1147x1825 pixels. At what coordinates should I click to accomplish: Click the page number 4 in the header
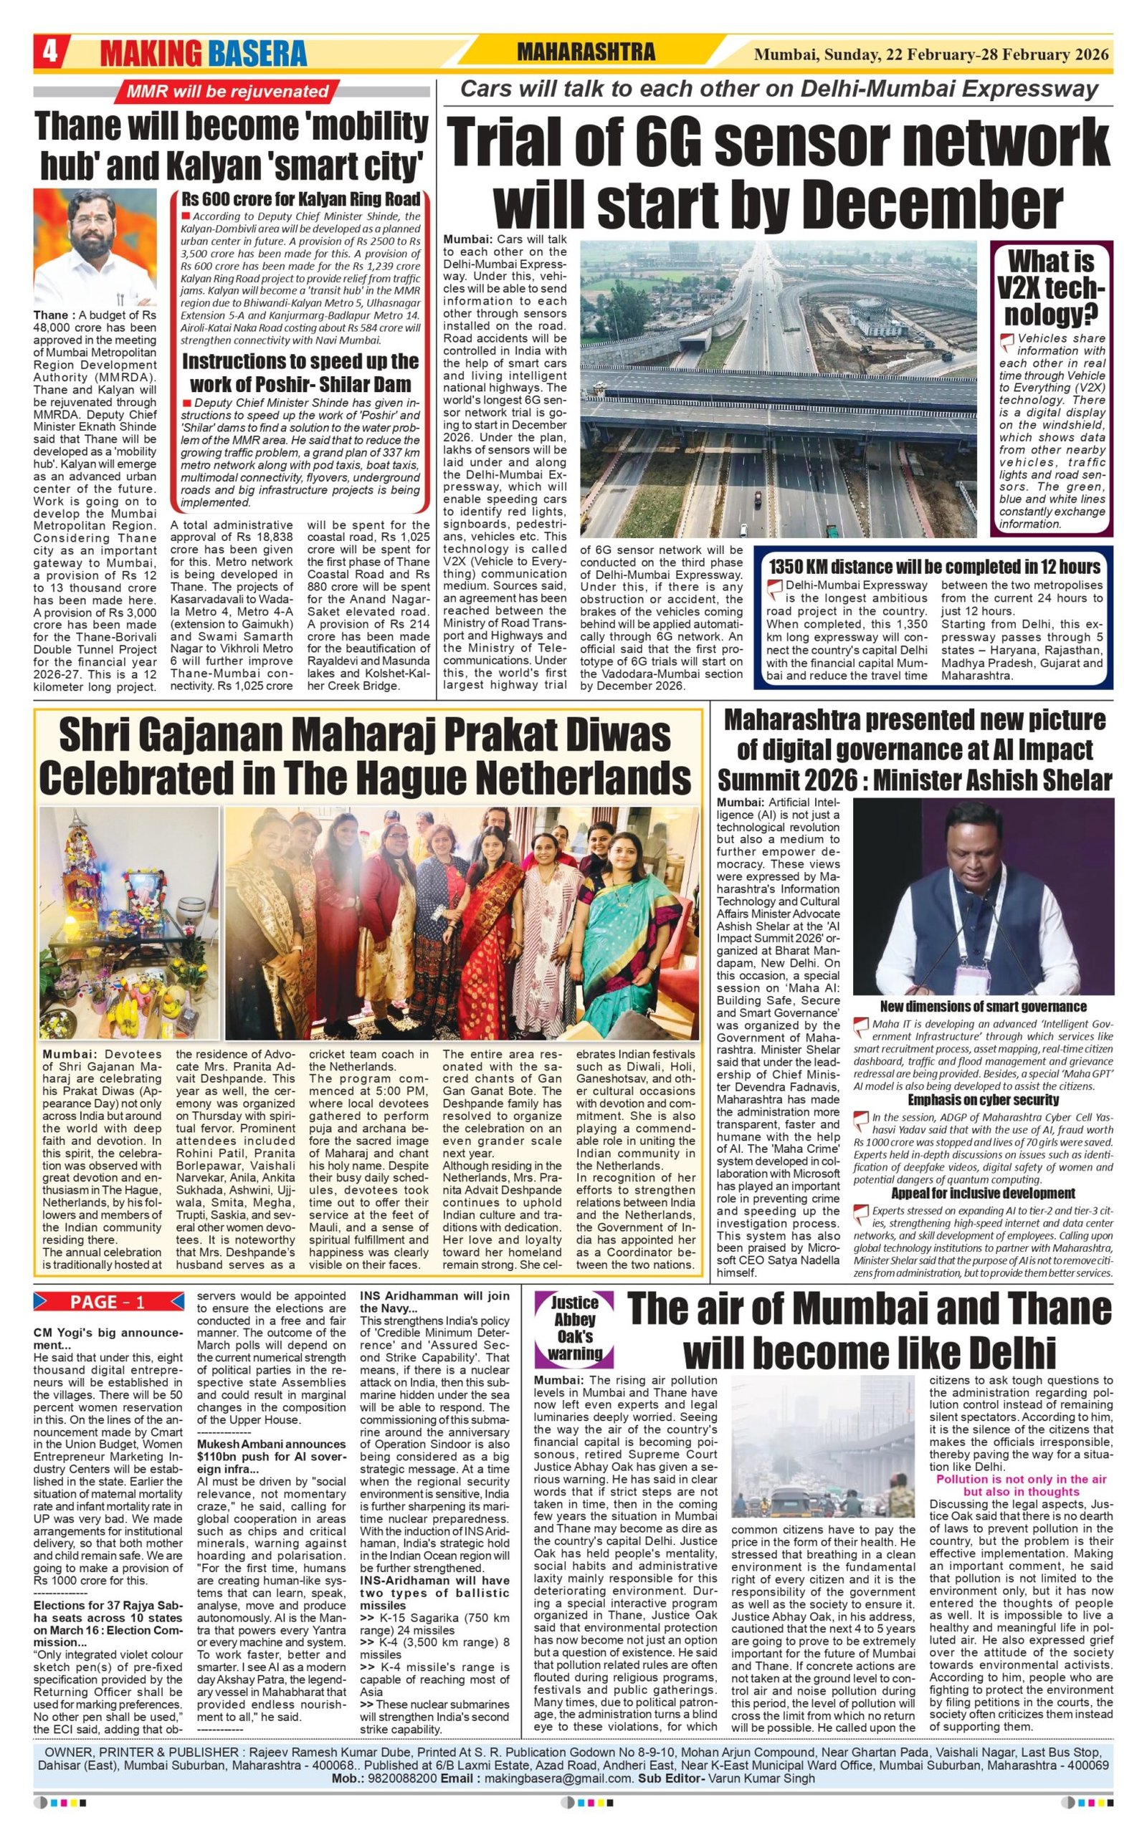[x=50, y=53]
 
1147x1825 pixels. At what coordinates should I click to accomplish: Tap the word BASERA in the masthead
[x=257, y=54]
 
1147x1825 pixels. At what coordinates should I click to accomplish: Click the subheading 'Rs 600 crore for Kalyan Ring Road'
[x=300, y=199]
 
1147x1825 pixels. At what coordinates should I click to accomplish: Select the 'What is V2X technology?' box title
[x=1051, y=287]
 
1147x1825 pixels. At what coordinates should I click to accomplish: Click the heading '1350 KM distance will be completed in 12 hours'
[x=934, y=566]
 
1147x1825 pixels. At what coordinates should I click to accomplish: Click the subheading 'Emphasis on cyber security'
[x=984, y=1099]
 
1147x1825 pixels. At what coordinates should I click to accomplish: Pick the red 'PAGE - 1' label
[x=108, y=1302]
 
